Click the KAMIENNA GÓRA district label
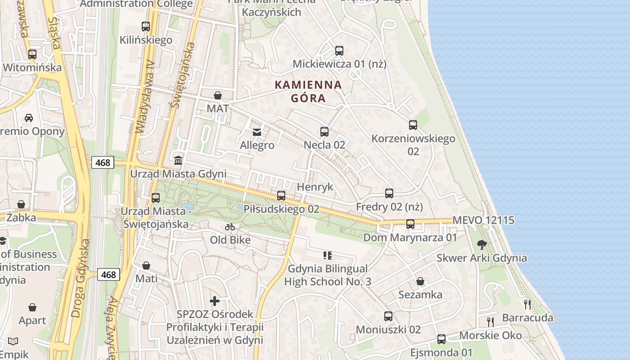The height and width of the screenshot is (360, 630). pos(308,91)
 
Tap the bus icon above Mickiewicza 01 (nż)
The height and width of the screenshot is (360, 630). pos(339,50)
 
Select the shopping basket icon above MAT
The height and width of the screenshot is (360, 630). pos(218,95)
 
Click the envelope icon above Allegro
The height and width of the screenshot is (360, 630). pos(257,132)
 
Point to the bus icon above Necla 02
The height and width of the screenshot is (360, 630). pos(324,131)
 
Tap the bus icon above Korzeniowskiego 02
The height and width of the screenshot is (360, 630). pos(413,125)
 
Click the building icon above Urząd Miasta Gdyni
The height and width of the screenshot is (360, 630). pos(178,160)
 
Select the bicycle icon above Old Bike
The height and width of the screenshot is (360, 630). pos(230,227)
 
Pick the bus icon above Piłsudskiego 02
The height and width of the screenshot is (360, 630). pos(281,196)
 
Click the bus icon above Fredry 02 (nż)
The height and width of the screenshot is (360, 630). pos(389,193)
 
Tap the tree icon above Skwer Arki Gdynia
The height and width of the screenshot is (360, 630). pos(482,245)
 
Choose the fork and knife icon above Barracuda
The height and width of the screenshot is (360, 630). pos(527,305)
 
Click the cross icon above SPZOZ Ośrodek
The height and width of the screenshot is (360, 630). pos(215,301)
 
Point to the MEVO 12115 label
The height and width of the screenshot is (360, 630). pos(483,220)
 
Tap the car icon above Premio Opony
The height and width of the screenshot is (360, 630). pos(29,118)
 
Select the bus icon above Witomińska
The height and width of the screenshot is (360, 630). pos(32,54)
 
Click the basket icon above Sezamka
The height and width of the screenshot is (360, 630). pos(420,282)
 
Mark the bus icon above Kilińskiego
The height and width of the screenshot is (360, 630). pos(146,27)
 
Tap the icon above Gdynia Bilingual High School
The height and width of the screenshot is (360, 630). pos(328,256)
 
